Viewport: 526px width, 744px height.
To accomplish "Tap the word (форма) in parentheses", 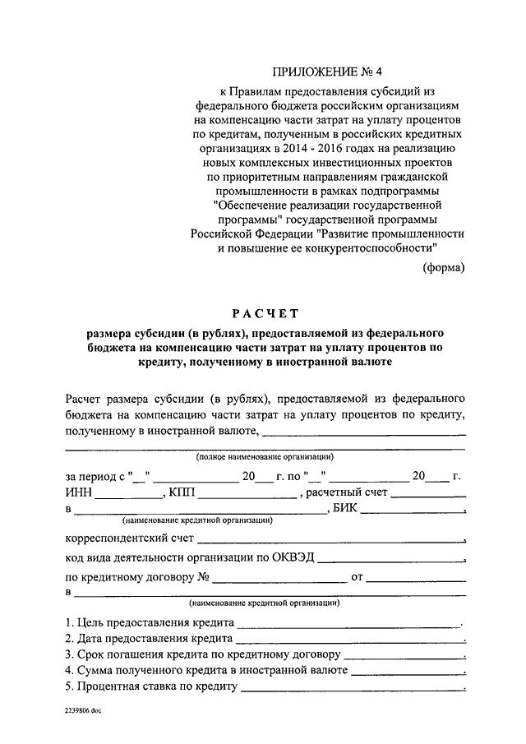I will click(444, 267).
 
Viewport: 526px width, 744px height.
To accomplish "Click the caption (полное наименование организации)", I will click(263, 456).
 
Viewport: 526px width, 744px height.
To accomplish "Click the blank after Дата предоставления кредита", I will click(350, 640).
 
